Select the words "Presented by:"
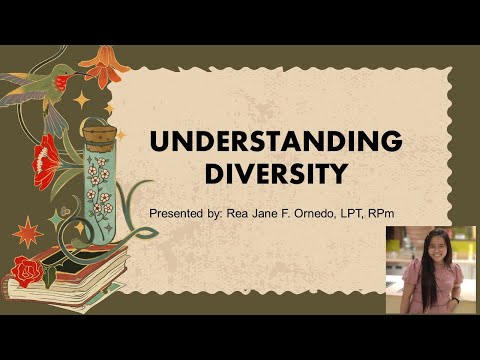click(x=180, y=214)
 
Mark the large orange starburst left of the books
click(x=27, y=232)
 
